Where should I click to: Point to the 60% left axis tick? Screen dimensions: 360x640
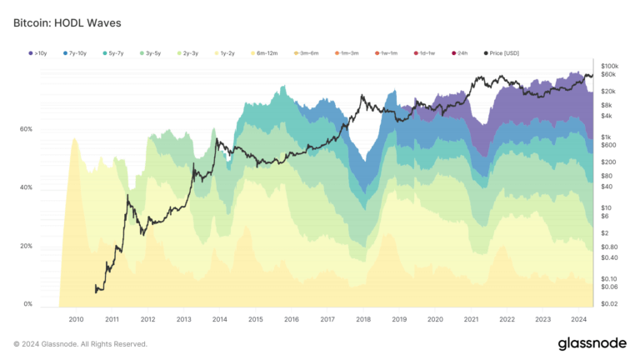coord(26,129)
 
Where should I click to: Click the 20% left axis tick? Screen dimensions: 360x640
coord(26,246)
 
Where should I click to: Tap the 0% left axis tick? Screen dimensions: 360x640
coord(27,304)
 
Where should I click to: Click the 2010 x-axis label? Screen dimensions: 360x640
coord(76,319)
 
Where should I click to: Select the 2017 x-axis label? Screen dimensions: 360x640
coord(327,319)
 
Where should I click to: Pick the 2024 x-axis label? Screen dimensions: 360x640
coord(579,319)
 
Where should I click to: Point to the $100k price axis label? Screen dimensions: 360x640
coord(610,65)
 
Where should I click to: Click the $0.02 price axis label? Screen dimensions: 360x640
coord(610,304)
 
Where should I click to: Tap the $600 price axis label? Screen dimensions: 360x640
coord(608,145)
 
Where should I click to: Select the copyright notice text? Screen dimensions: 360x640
coord(80,344)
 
